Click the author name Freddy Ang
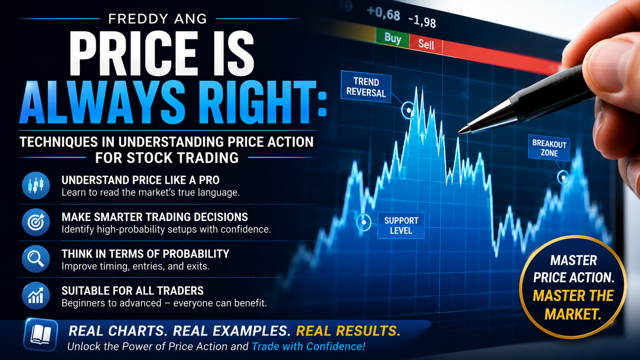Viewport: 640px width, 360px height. (158, 19)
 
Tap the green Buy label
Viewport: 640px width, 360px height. (392, 38)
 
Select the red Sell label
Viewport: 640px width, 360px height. (426, 44)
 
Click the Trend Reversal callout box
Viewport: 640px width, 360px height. (366, 87)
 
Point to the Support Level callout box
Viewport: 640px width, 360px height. (401, 226)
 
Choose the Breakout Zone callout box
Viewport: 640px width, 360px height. (549, 148)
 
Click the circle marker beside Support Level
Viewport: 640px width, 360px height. (364, 222)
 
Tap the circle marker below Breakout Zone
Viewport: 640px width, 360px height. (564, 178)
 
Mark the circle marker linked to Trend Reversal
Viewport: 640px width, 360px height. (408, 110)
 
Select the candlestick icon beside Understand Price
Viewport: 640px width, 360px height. (36, 186)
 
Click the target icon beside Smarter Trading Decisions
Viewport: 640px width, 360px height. (36, 222)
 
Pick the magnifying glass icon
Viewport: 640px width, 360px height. (36, 259)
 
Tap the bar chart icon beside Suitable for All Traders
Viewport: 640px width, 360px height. (36, 296)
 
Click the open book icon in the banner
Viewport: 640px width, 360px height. (41, 334)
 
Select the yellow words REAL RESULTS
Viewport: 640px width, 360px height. (348, 331)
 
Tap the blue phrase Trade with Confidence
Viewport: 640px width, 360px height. (308, 346)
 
